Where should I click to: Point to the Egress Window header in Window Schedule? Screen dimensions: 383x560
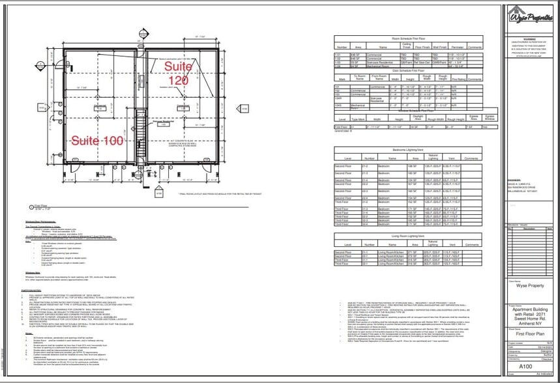490,117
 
